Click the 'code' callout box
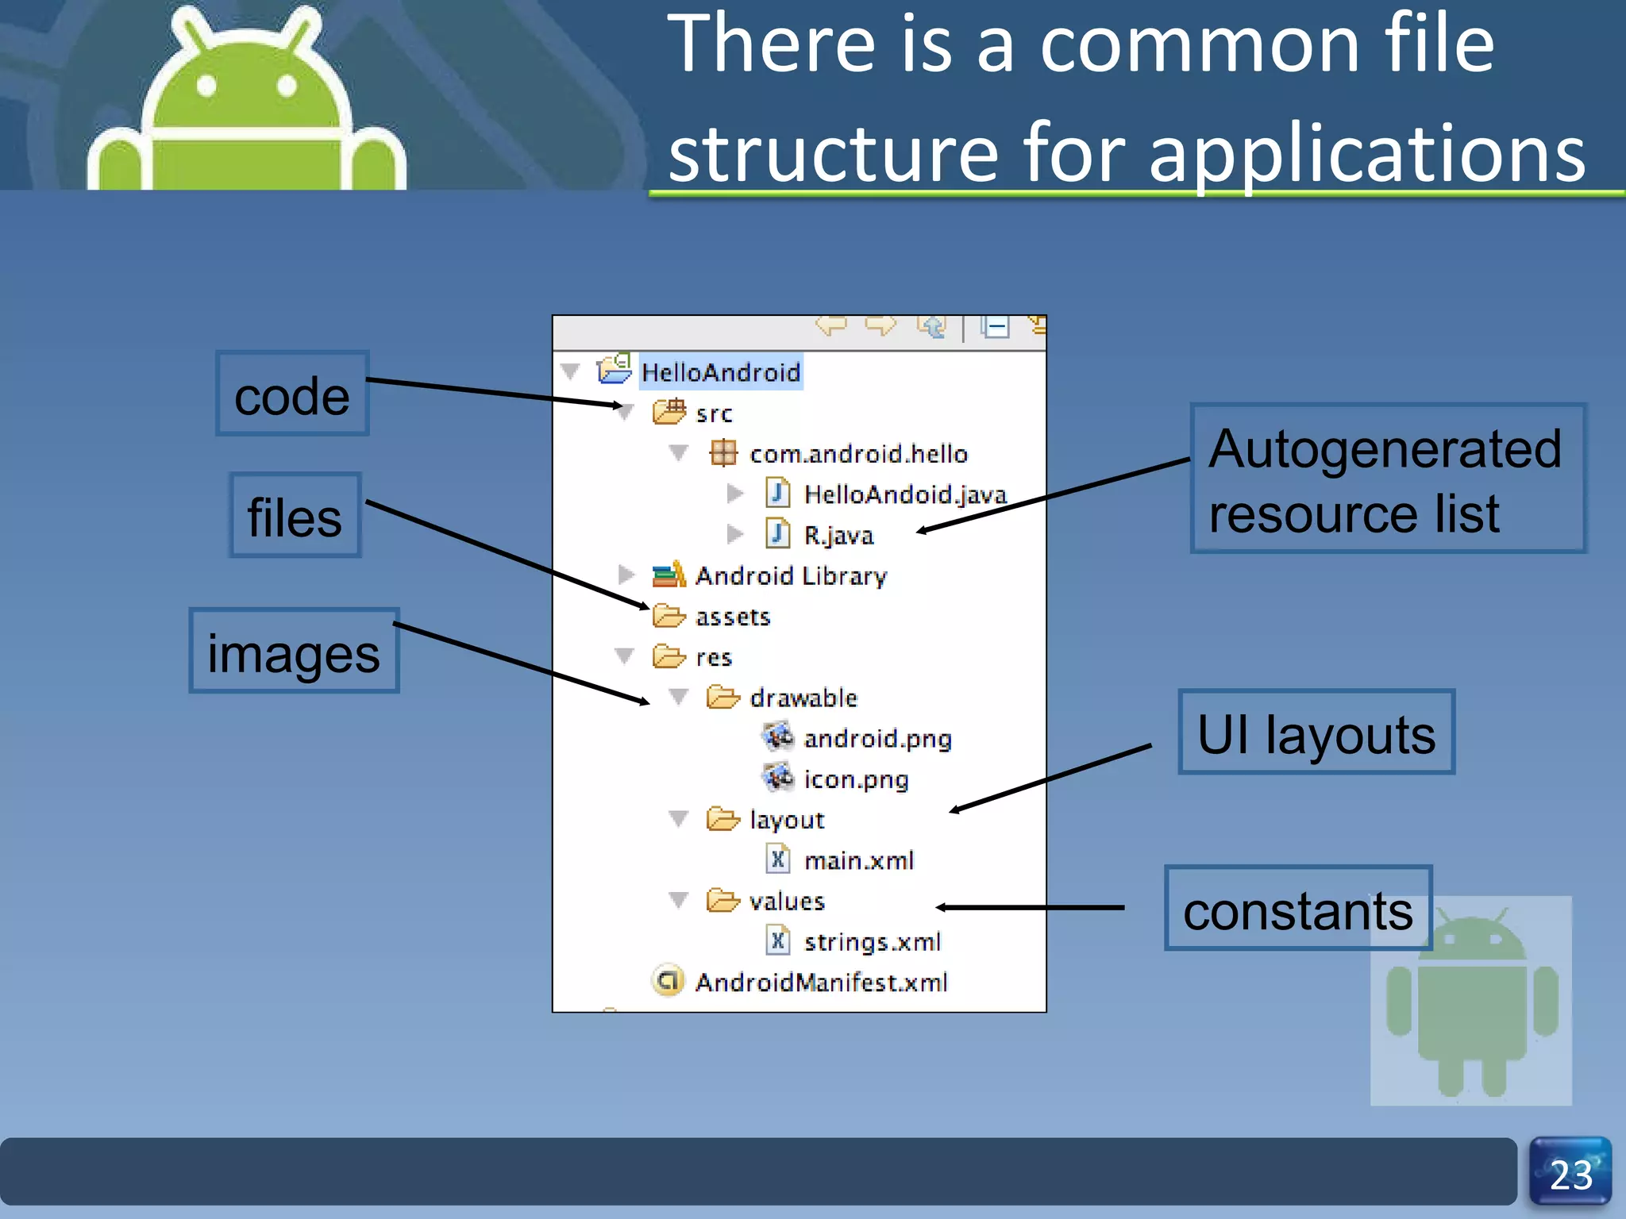click(x=292, y=394)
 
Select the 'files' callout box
click(x=295, y=516)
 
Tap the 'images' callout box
click(x=294, y=652)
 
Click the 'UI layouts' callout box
click(x=1316, y=733)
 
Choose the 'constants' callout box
click(x=1297, y=909)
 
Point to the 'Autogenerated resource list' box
click(x=1387, y=479)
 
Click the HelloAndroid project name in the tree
click(x=720, y=372)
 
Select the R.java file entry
click(x=838, y=536)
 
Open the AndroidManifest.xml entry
click(x=821, y=983)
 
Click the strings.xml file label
click(x=872, y=942)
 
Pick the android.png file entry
click(x=877, y=739)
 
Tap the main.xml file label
click(x=858, y=860)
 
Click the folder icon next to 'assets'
click(x=669, y=616)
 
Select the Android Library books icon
click(x=669, y=575)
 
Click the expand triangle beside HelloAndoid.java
click(x=734, y=494)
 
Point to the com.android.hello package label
click(x=858, y=454)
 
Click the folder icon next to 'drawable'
click(x=722, y=698)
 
